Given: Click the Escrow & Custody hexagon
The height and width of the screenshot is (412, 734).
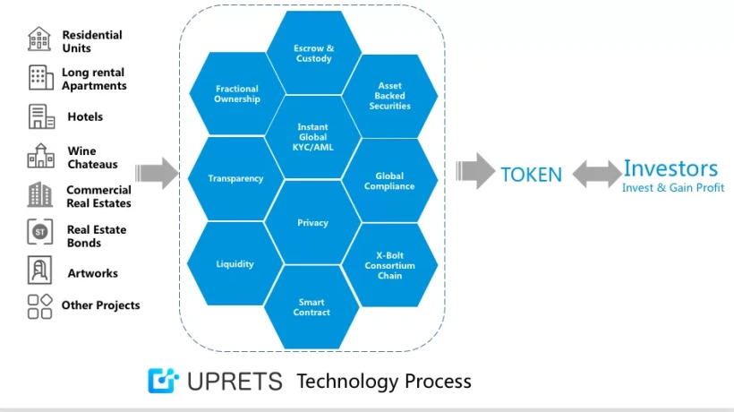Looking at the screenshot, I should coord(313,53).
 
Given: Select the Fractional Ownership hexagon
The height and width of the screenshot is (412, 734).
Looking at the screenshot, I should coord(236,94).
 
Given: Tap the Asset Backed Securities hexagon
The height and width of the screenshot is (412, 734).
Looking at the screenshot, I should coord(389,97).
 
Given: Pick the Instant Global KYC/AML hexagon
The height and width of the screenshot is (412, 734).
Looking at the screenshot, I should coord(313,136).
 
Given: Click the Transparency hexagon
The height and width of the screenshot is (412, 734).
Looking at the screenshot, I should coord(235,178).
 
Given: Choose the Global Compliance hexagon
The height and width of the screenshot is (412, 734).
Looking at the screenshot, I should coord(389,181).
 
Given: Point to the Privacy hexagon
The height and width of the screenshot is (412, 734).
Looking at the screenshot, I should coord(313,222).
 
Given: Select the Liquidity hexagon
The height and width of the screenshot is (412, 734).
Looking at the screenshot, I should coord(235,264).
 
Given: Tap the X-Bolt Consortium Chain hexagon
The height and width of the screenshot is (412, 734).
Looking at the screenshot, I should coord(389,266).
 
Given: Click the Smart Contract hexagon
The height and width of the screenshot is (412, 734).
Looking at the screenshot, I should coord(312,307).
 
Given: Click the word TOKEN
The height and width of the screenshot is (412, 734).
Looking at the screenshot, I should coord(531,175).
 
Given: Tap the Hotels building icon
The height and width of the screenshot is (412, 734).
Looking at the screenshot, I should coord(40,117).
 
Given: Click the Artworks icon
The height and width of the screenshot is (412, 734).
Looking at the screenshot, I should coord(39,270).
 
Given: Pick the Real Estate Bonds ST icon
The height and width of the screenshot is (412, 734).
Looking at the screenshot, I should coord(39,232).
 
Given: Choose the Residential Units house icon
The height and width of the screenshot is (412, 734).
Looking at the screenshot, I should coord(39,39).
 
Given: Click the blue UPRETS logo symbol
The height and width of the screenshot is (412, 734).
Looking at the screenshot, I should coord(164,381).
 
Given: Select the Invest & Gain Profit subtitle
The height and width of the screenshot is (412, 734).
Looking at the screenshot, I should coord(673,188).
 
